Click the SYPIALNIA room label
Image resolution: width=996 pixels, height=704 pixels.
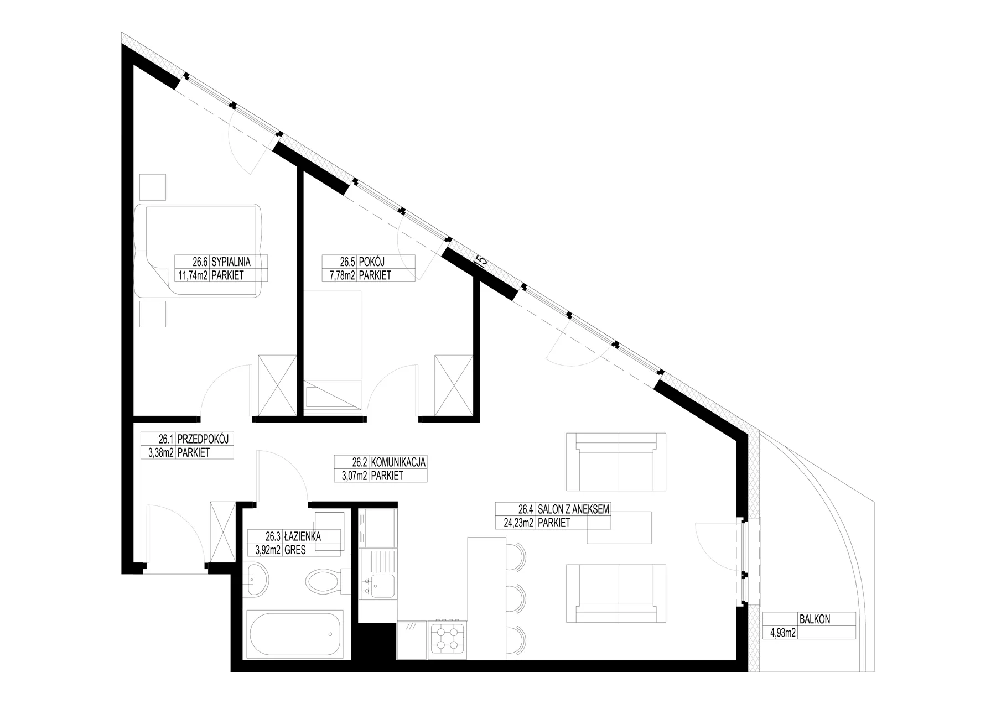pos(231,262)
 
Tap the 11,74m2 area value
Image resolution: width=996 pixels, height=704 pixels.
pos(192,275)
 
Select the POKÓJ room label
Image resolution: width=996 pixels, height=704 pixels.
pos(371,262)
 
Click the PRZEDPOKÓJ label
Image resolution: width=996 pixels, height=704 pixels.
pos(202,439)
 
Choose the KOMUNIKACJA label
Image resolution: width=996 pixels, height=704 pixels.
pos(398,462)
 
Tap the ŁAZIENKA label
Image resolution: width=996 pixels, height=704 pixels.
pos(303,536)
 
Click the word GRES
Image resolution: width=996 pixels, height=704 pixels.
pos(295,550)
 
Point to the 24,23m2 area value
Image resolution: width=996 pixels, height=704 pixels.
pos(517,523)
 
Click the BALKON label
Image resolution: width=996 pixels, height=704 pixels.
pos(815,619)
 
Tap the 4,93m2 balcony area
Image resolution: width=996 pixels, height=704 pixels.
pos(780,633)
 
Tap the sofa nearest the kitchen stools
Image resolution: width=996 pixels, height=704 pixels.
pos(616,594)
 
